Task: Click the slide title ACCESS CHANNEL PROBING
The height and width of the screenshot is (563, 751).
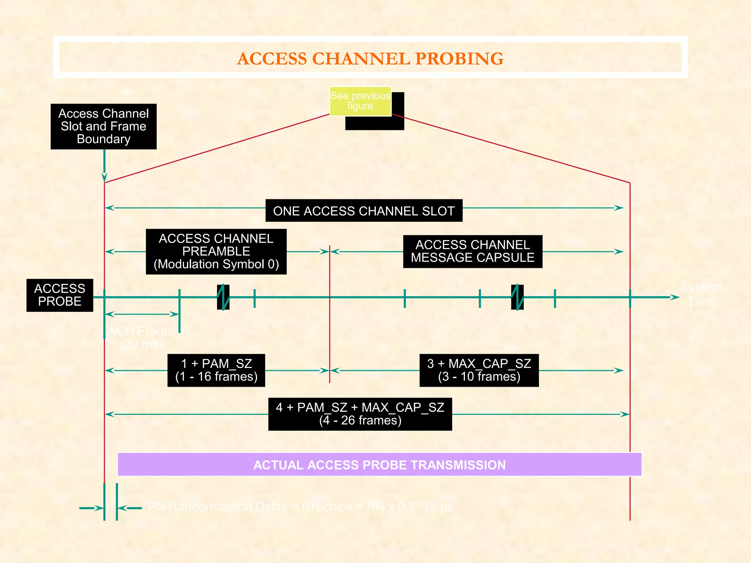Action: [x=370, y=59]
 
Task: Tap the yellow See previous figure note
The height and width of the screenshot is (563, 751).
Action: [x=360, y=101]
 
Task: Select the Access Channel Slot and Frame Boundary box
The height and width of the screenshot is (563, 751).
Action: [x=103, y=126]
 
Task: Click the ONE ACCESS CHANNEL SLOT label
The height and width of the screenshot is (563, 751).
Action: [x=364, y=211]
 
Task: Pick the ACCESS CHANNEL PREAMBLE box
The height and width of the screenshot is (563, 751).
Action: [x=216, y=251]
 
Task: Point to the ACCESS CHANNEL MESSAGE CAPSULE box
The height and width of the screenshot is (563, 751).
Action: [x=472, y=251]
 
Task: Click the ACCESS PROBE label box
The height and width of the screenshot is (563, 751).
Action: [x=60, y=295]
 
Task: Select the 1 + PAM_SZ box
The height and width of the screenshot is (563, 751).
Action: [x=216, y=370]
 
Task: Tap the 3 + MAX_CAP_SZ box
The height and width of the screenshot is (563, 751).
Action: [x=479, y=370]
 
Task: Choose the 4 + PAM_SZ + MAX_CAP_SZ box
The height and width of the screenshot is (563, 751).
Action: [x=360, y=414]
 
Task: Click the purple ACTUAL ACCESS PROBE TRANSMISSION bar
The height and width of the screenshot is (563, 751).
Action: [x=379, y=465]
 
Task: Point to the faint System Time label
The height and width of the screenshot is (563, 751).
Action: [x=701, y=294]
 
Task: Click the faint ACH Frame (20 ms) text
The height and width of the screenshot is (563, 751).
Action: [x=141, y=338]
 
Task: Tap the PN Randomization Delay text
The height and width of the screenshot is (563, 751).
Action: [x=301, y=507]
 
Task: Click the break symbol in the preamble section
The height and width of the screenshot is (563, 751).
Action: [x=223, y=297]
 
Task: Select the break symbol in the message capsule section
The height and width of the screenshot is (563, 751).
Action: [x=517, y=297]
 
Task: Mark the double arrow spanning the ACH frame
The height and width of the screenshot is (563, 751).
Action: [x=142, y=314]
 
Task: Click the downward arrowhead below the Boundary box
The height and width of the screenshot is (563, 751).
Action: [x=105, y=177]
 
